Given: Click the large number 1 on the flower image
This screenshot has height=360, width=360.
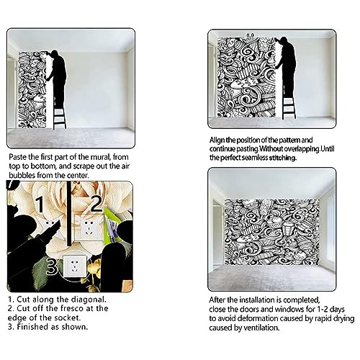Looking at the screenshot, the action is (40, 204).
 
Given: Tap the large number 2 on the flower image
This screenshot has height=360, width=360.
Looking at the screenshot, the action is (96, 203).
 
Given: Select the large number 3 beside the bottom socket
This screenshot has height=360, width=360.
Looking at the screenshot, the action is (52, 266).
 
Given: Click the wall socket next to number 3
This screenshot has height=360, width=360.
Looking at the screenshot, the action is (75, 266).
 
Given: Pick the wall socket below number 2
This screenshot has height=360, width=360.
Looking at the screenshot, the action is (86, 228).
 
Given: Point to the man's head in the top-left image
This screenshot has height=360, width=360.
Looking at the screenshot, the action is (55, 54).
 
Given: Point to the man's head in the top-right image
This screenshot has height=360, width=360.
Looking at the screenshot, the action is (284, 41).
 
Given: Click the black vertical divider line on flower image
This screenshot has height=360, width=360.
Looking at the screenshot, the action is (69, 214).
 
